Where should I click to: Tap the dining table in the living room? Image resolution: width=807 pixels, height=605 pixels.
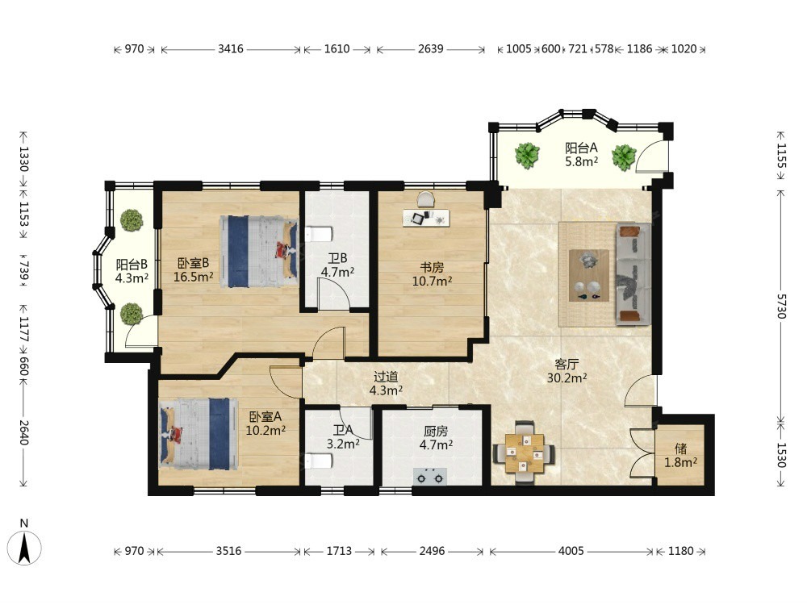524,453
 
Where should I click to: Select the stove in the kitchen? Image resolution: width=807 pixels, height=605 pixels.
430,477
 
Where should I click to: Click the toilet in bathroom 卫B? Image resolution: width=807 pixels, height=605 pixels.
319,235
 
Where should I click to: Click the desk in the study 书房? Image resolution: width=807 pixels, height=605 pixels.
426,217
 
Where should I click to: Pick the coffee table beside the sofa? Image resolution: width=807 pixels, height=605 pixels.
589,275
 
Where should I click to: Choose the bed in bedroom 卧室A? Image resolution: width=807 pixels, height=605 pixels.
199,433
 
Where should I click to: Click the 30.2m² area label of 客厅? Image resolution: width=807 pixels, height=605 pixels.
567,378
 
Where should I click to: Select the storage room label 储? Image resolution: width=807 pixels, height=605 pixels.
680,449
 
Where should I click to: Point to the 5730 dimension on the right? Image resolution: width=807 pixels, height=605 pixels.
781,306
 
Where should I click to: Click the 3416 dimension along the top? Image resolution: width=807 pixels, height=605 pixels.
230,49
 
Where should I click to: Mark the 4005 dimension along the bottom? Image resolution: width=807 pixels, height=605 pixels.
571,551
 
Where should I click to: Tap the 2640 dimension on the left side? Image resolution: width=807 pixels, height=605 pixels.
23,432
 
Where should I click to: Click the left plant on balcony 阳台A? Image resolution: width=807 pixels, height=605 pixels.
527,155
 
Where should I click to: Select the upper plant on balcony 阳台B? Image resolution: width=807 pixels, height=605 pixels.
132,220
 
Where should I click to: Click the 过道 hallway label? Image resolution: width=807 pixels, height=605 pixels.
386,377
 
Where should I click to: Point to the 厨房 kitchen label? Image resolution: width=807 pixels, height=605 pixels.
436,431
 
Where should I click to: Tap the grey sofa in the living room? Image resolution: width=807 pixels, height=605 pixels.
633,274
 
